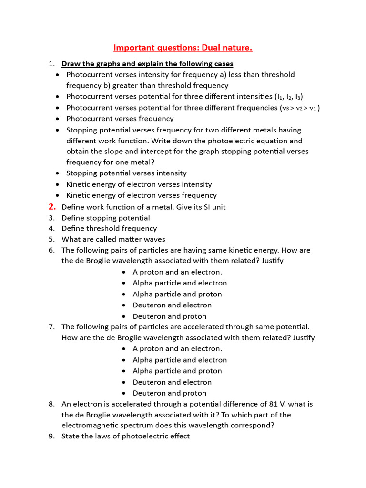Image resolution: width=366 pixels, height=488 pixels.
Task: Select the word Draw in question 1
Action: click(x=71, y=64)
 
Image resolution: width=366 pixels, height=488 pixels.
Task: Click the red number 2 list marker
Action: click(x=52, y=207)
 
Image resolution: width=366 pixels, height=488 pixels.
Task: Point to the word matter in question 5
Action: click(x=123, y=239)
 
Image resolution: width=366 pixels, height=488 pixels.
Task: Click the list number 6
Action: click(x=51, y=250)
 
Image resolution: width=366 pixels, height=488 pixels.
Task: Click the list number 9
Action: click(x=51, y=437)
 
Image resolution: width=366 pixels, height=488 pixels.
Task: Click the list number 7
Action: click(x=51, y=327)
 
